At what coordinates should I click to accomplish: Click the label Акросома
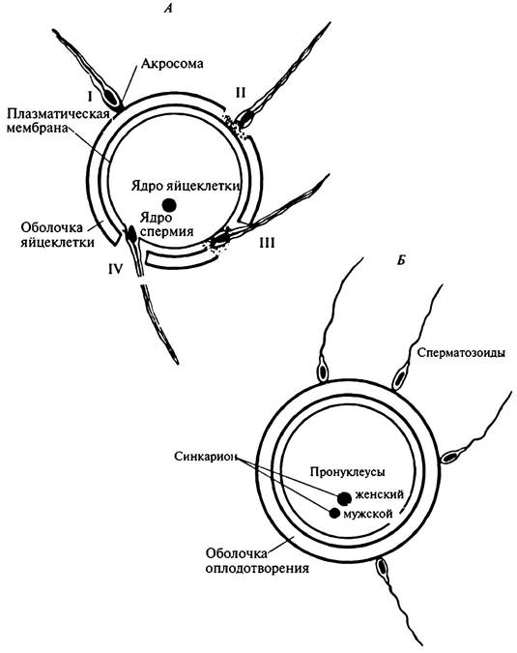[x=172, y=63]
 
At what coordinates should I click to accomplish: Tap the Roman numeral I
[x=90, y=97]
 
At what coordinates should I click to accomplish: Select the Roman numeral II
[x=241, y=93]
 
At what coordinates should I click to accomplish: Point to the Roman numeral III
[x=267, y=243]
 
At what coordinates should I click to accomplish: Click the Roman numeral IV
[x=116, y=270]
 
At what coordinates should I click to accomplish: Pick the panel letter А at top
[x=167, y=9]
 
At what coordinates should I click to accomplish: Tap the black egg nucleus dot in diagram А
[x=169, y=204]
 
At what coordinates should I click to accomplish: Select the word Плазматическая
[x=57, y=114]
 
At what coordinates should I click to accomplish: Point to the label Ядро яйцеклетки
[x=186, y=186]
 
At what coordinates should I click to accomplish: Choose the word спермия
[x=166, y=231]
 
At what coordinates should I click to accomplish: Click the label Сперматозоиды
[x=461, y=353]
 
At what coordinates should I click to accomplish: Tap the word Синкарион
[x=206, y=457]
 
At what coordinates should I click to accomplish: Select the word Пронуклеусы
[x=347, y=472]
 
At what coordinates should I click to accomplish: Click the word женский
[x=379, y=494]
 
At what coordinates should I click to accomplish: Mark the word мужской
[x=368, y=514]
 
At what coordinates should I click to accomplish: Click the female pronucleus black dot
[x=344, y=498]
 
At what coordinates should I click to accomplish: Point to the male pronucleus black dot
[x=334, y=513]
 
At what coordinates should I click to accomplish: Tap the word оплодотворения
[x=257, y=568]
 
